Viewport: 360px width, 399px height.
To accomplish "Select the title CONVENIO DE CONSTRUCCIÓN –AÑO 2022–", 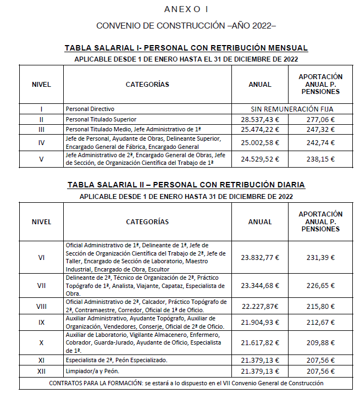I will point(186,26).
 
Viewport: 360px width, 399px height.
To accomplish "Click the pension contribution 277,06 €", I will point(320,119).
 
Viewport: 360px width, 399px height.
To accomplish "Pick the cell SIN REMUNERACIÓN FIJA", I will point(292,109).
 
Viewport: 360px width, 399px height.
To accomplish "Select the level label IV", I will point(41,142).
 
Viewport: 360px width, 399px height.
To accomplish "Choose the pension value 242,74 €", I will point(320,142).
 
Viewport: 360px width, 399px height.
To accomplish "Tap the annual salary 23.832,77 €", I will point(260,257).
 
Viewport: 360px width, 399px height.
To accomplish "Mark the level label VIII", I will point(41,306).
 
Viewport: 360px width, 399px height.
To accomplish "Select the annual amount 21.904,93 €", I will point(260,322).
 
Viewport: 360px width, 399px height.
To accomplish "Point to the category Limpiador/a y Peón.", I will point(90,371).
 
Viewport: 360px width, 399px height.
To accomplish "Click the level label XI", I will point(41,360).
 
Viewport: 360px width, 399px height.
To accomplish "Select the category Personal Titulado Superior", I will point(101,119).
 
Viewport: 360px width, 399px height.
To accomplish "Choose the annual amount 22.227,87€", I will point(260,306).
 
